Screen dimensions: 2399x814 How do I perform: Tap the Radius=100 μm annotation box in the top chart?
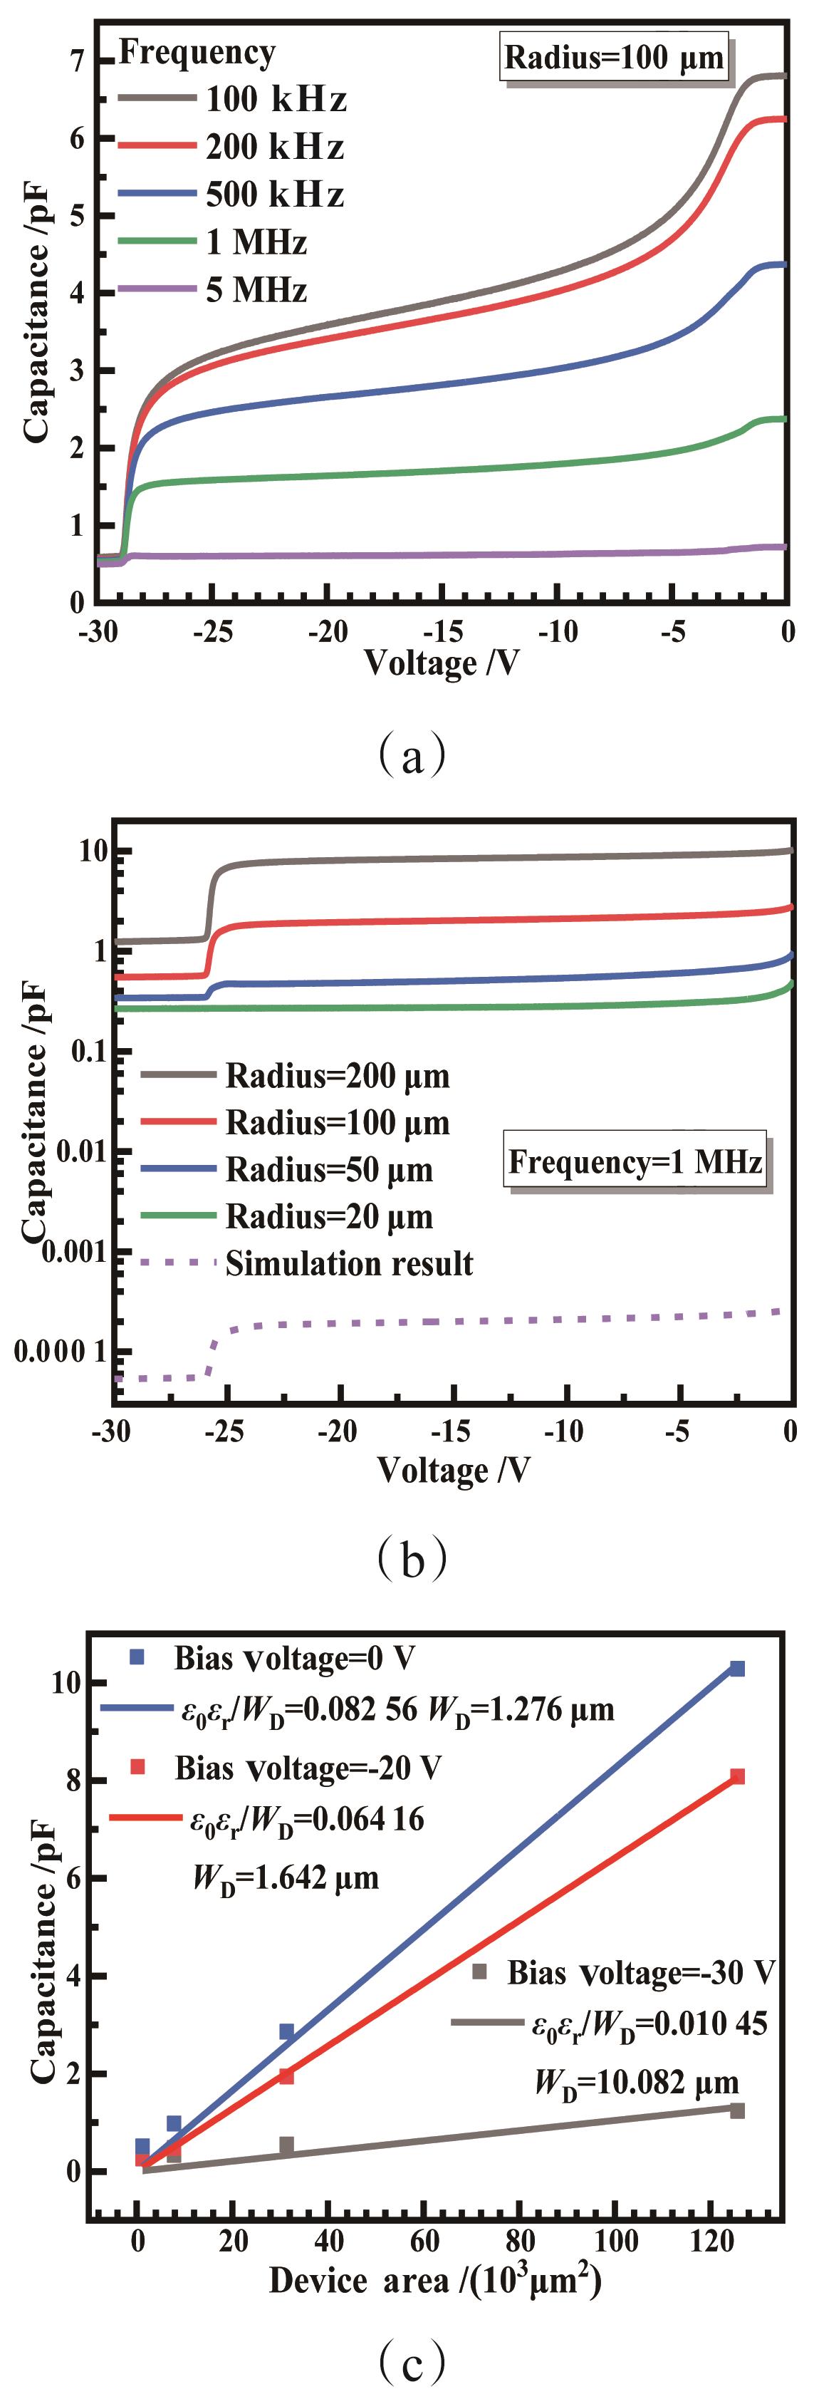tap(614, 58)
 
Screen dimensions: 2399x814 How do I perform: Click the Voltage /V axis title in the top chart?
tap(441, 662)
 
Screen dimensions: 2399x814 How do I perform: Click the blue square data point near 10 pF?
tap(736, 1668)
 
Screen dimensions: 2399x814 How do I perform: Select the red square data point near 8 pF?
tap(736, 1776)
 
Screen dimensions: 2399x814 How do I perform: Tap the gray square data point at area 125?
tap(736, 2110)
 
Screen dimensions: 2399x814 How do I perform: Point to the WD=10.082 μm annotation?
tap(636, 2083)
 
